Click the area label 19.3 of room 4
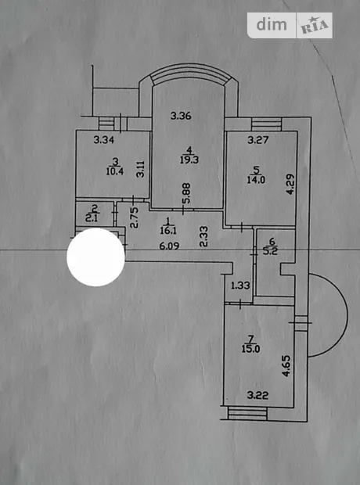[189, 160]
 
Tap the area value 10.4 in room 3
[115, 171]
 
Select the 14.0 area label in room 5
[256, 180]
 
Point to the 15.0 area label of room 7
[250, 349]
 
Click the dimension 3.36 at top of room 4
[181, 117]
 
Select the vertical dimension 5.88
[187, 194]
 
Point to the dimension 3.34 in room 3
[104, 140]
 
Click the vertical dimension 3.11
[141, 168]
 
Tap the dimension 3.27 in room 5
[257, 141]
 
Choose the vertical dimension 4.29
[290, 185]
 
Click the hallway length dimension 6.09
[169, 246]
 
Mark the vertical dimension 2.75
[134, 217]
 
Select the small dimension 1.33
[240, 286]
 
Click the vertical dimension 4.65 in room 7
[286, 366]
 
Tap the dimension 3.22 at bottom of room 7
[257, 395]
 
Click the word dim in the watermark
[272, 25]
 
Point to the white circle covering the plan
[96, 257]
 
